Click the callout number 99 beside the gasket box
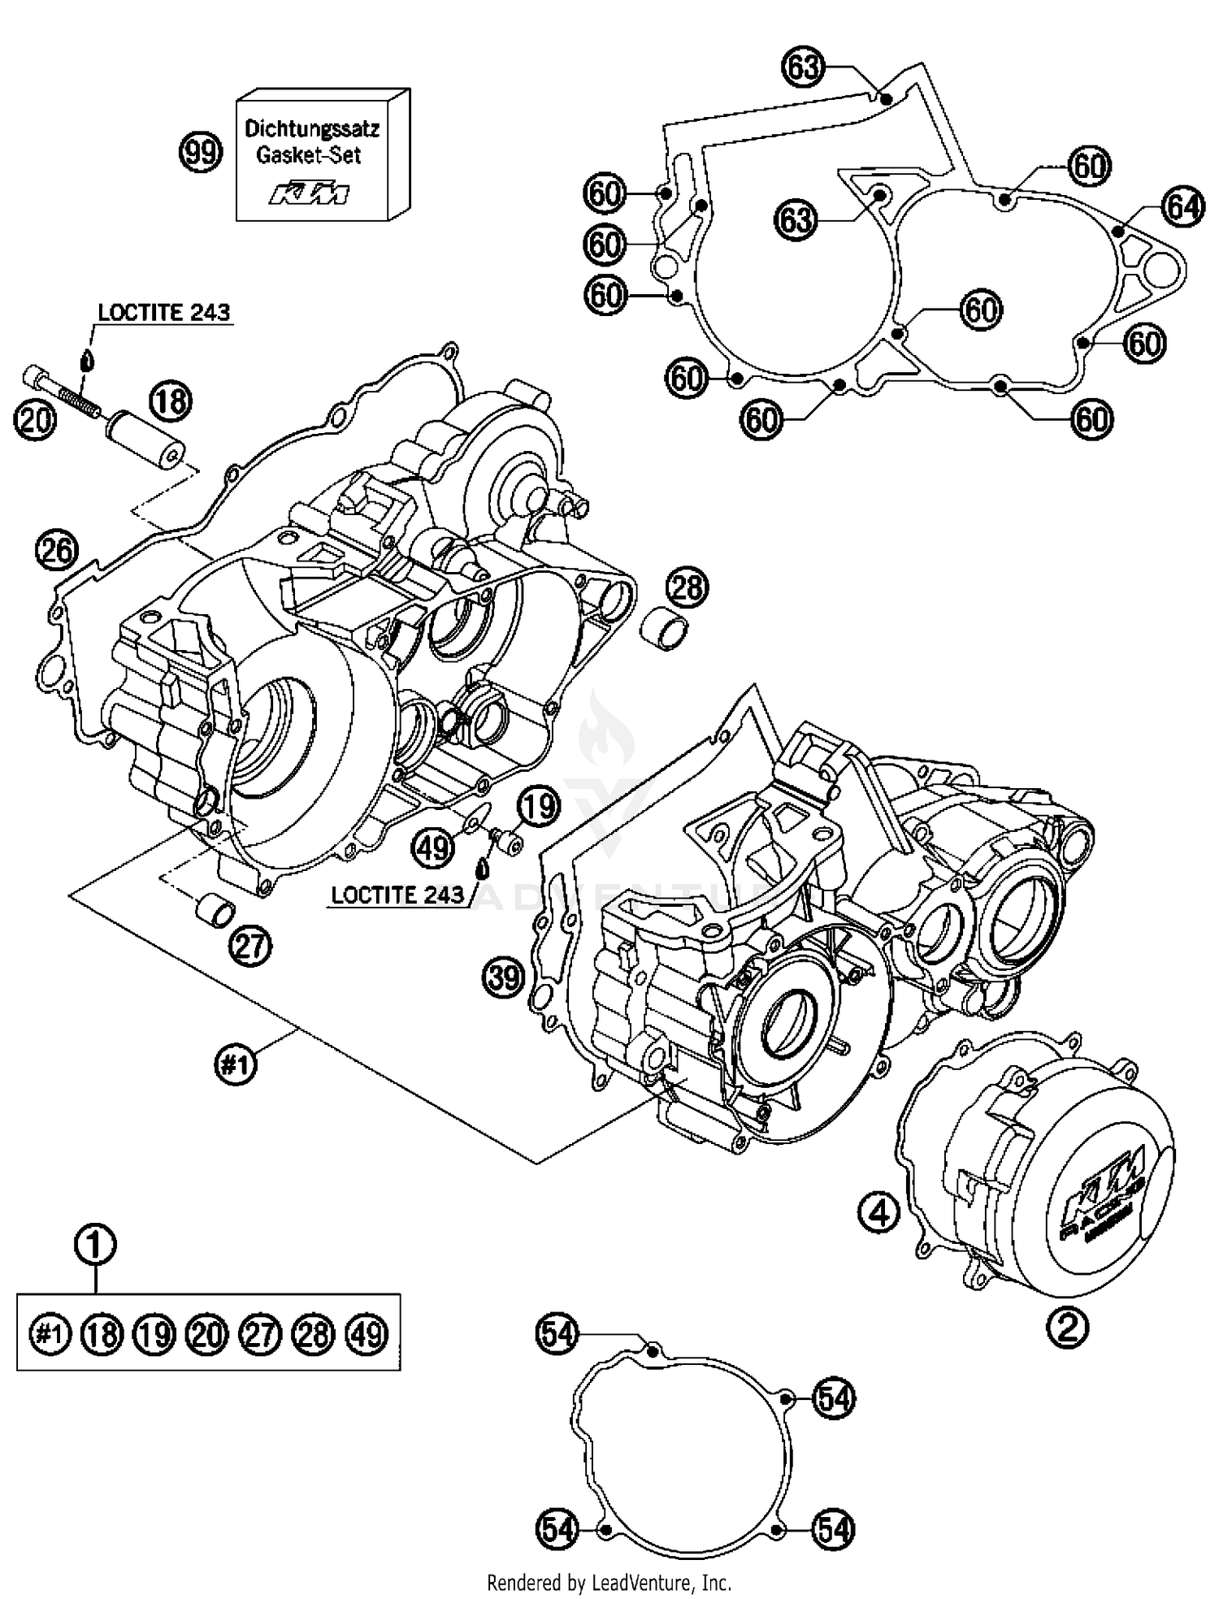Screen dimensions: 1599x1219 pos(200,153)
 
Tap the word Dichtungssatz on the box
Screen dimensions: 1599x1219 pos(312,128)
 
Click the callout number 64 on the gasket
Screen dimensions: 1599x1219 pos(1182,208)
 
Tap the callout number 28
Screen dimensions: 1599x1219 pos(688,587)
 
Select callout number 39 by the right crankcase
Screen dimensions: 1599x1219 pos(503,977)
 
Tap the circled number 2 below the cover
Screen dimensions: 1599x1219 pos(1068,1327)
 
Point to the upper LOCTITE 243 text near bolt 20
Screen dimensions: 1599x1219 pos(163,313)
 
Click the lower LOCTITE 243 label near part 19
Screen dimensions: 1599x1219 pos(397,895)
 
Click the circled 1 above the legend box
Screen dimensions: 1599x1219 pos(95,1244)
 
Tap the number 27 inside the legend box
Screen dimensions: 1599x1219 pos(261,1334)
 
